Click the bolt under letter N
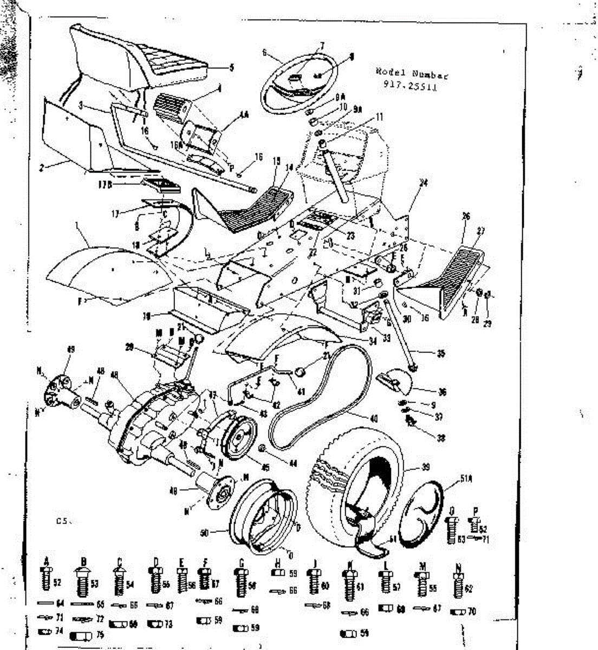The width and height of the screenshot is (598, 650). tap(459, 582)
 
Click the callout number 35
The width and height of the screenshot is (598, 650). tap(440, 354)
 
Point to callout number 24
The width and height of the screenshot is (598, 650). tap(424, 184)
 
